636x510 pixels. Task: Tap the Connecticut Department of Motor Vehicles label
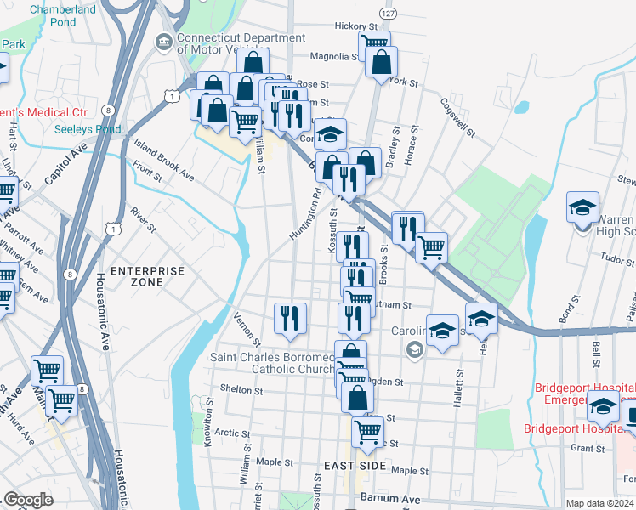(x=241, y=43)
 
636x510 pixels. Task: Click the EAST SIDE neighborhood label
(x=355, y=467)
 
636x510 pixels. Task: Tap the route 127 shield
(x=388, y=15)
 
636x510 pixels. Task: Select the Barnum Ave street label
(x=390, y=498)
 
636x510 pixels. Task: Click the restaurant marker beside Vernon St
(x=290, y=318)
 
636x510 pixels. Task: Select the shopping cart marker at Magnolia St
(x=374, y=44)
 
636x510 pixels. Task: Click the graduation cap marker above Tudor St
(x=582, y=207)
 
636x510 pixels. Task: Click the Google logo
(x=28, y=500)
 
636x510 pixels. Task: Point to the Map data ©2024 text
(x=599, y=503)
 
